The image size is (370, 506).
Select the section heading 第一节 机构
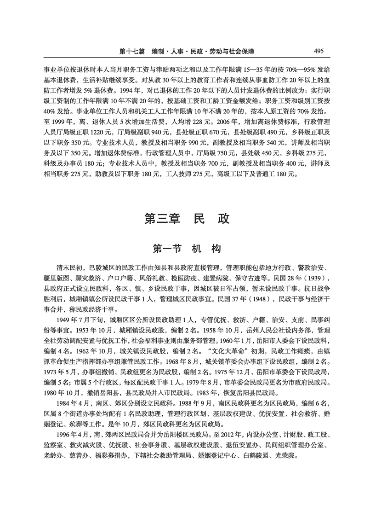187,249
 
